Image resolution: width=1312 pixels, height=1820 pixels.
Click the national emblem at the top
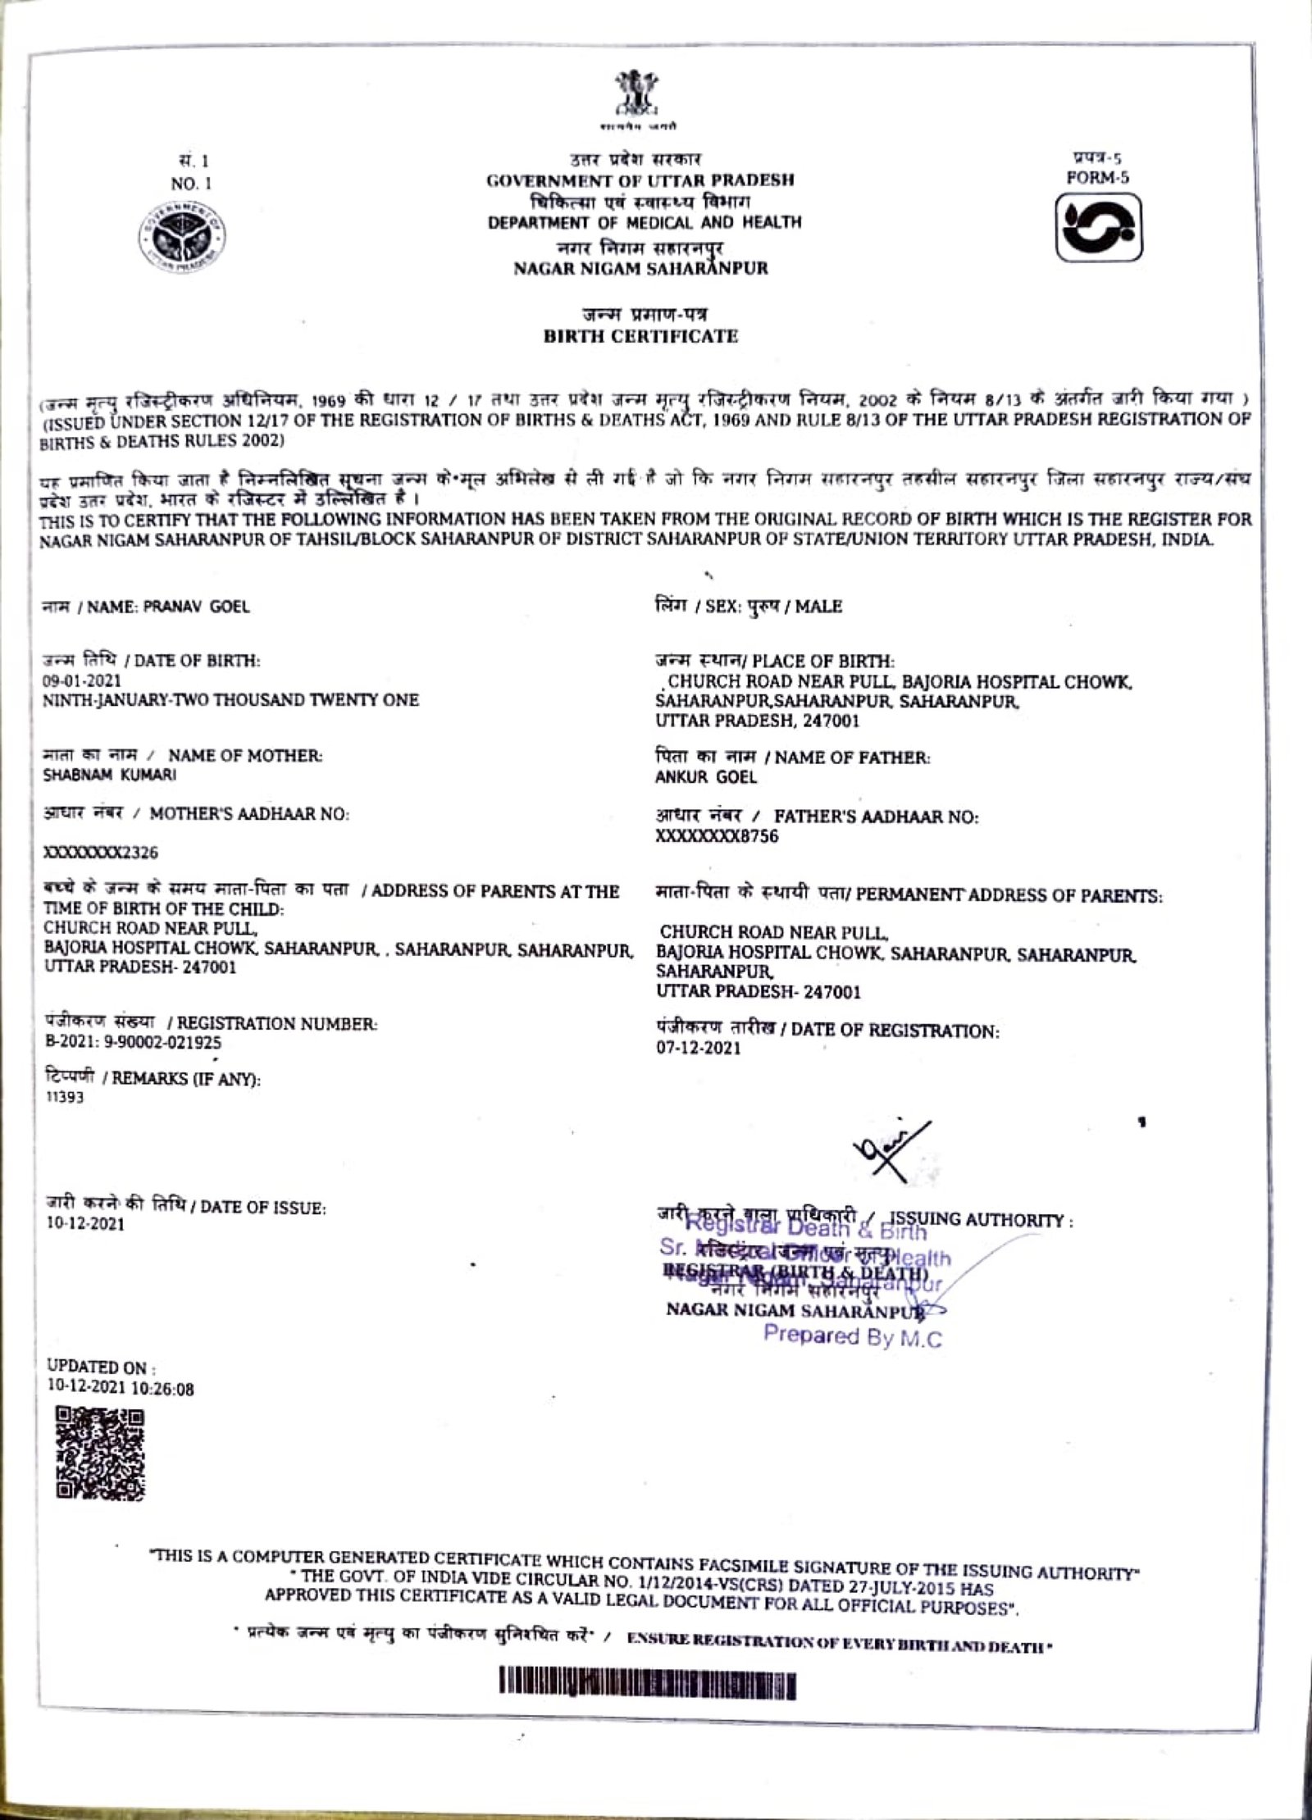pos(635,98)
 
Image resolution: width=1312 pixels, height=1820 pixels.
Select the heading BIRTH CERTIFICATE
pos(640,336)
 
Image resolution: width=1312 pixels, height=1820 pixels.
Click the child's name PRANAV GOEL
pos(197,607)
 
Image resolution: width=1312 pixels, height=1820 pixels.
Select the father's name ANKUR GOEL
pos(705,777)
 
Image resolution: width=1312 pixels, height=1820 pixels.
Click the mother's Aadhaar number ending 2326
pos(100,853)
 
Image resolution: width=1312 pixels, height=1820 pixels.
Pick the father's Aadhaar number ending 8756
pos(717,836)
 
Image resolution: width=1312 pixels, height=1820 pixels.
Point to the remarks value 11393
pos(64,1099)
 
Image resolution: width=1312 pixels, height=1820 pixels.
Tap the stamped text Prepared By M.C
pos(853,1336)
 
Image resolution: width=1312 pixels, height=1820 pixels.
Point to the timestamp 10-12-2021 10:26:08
pos(119,1390)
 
